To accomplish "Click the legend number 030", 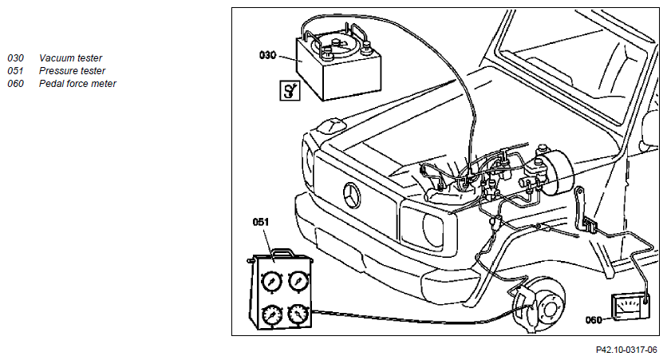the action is point(15,58).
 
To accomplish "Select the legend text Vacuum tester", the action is point(71,58).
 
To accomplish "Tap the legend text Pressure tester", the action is point(72,70).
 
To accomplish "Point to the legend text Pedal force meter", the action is point(77,83).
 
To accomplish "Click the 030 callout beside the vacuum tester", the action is point(267,55).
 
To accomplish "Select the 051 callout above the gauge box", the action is point(261,222).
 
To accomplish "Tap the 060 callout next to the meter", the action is point(594,320).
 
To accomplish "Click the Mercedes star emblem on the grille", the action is point(352,196).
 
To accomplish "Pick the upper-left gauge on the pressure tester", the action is point(271,281).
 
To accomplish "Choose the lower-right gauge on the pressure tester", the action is point(298,315).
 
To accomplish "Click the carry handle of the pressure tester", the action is point(282,253).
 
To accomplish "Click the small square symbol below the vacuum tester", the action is point(290,90).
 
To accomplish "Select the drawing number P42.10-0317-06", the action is point(626,350).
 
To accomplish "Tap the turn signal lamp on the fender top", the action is point(331,125).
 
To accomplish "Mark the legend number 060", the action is point(15,83).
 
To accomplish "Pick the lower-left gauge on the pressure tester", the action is point(271,315).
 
